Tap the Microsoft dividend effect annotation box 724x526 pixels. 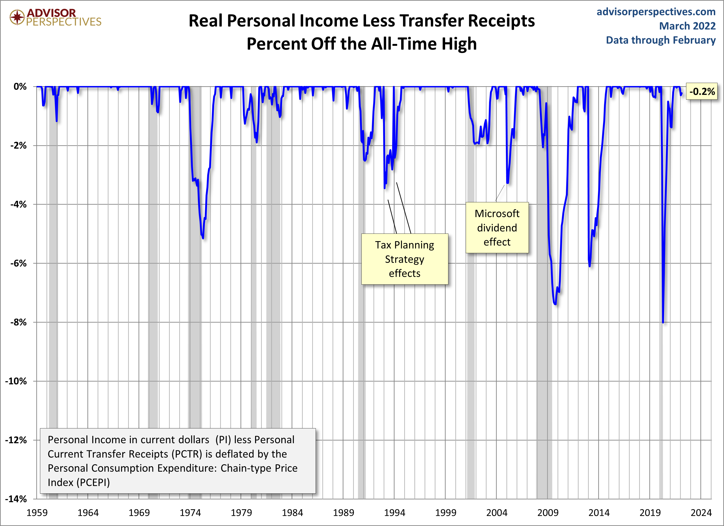(497, 228)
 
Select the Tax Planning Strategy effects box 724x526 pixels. (404, 259)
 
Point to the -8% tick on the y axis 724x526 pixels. (18, 322)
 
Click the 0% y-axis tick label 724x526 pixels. (20, 86)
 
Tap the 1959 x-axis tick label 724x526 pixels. (37, 513)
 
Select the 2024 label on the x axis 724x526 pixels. (701, 513)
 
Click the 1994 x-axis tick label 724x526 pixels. (394, 513)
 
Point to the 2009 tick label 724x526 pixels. (548, 513)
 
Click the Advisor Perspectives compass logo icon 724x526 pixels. (17, 17)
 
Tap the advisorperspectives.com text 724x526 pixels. (656, 12)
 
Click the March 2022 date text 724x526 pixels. (687, 26)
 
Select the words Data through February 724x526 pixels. (661, 40)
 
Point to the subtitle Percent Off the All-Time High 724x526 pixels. (362, 44)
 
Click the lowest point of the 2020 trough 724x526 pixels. (663, 322)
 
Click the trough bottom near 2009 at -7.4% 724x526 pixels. (555, 304)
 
